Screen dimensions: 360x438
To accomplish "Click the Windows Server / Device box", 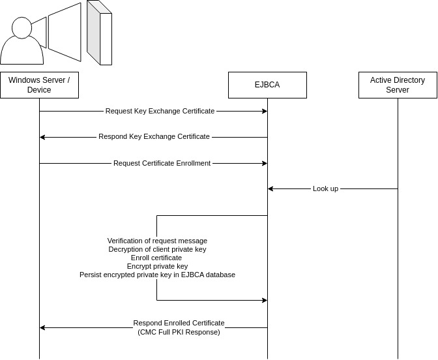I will pyautogui.click(x=39, y=85).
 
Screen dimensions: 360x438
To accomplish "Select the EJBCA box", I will pyautogui.click(x=267, y=85).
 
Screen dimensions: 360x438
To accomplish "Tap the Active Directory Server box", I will pyautogui.click(x=398, y=85).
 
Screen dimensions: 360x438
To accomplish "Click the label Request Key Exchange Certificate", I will pyautogui.click(x=160, y=111).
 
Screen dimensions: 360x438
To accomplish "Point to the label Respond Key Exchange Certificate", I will pyautogui.click(x=154, y=137).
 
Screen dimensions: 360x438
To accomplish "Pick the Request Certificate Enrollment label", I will pyautogui.click(x=162, y=163).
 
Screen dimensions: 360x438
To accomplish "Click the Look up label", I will pyautogui.click(x=325, y=188).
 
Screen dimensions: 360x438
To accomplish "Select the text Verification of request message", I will pyautogui.click(x=157, y=241).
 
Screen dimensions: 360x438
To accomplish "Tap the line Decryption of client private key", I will pyautogui.click(x=157, y=249).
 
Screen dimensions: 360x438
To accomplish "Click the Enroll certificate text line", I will pyautogui.click(x=156, y=258).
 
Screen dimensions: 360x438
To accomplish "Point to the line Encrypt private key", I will pyautogui.click(x=157, y=266).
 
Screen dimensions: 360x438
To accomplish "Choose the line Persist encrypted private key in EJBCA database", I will pyautogui.click(x=157, y=275).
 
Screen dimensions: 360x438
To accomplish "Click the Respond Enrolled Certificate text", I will pyautogui.click(x=179, y=323).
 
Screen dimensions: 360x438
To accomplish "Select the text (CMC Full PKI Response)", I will pyautogui.click(x=179, y=332).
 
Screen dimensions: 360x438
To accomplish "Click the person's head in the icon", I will pyautogui.click(x=21, y=28).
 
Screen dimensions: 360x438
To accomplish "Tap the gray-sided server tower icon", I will pyautogui.click(x=99, y=33).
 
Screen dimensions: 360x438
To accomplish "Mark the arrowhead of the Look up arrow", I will pyautogui.click(x=270, y=188).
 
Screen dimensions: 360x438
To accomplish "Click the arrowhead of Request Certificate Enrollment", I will pyautogui.click(x=264, y=163).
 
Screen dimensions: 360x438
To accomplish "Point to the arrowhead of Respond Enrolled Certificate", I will pyautogui.click(x=42, y=327).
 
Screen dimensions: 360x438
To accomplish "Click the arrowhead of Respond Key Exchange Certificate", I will pyautogui.click(x=42, y=137).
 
